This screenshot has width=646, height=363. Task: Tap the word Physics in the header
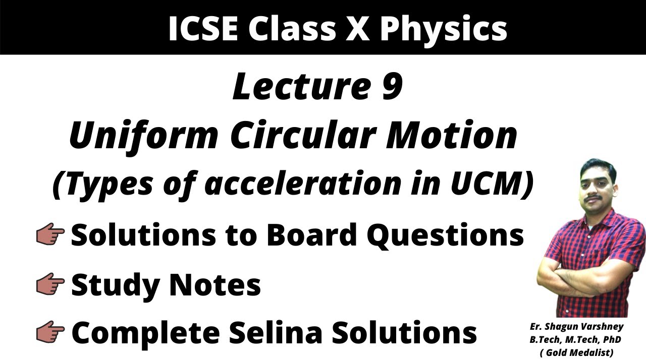(443, 28)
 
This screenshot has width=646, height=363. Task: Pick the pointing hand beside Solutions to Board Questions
(50, 235)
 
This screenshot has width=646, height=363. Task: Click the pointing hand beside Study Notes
(50, 285)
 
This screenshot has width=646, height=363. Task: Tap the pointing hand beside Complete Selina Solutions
(50, 332)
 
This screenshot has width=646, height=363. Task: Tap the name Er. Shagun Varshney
(576, 327)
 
